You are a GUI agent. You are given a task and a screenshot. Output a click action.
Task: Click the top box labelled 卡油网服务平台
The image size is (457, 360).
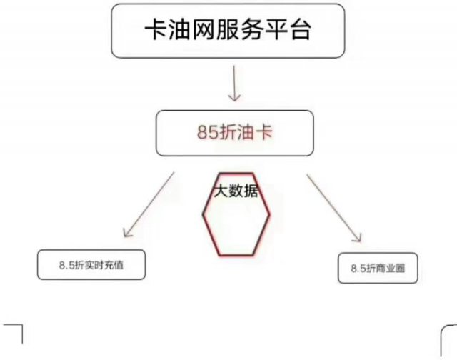(x=228, y=33)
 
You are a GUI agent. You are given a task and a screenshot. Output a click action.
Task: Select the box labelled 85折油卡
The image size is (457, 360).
(x=234, y=132)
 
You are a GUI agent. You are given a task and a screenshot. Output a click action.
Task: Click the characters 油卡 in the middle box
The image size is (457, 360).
(x=258, y=132)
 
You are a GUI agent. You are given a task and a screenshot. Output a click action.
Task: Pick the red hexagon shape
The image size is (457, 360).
(x=236, y=218)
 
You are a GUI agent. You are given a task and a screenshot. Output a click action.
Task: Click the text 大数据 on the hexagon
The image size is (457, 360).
(x=236, y=191)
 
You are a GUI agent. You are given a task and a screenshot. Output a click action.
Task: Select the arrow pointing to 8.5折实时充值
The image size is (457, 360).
(x=149, y=205)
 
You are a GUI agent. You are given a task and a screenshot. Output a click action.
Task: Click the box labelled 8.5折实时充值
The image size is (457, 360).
(x=91, y=265)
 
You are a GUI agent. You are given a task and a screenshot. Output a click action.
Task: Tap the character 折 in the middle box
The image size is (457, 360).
(x=232, y=132)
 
